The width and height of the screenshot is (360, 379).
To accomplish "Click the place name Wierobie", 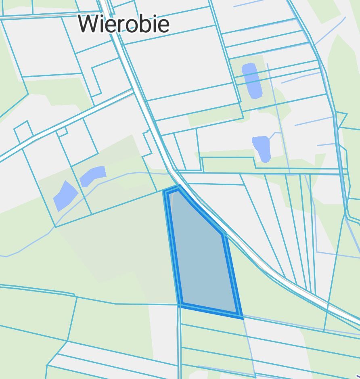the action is pos(123,23).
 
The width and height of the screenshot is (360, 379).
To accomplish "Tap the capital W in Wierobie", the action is pos(89,23).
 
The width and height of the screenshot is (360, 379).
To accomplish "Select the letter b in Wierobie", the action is pos(148,23).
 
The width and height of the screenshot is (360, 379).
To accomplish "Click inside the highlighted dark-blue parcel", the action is pos(202,258).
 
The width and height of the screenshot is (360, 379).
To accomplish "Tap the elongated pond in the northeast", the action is pos(252,81).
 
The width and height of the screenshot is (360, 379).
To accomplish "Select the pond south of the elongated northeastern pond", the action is pos(262,148).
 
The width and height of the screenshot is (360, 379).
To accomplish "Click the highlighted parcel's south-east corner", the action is pos(241,316).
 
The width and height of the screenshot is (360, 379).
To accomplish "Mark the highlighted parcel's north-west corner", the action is pos(165,191).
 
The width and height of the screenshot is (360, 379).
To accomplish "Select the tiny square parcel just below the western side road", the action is pos(62,132).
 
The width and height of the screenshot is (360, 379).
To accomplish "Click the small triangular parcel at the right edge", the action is pos(342,119).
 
